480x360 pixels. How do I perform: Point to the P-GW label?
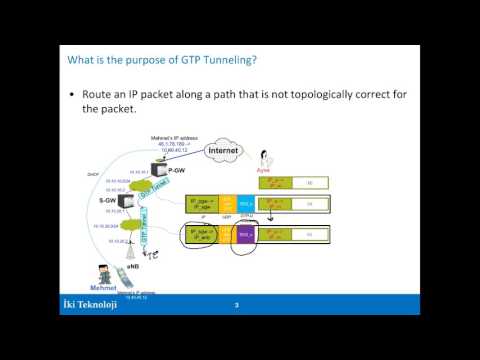(147, 171)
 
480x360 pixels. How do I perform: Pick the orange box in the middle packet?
(228, 204)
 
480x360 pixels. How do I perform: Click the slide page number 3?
(236, 305)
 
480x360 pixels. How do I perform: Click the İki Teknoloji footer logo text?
(88, 305)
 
